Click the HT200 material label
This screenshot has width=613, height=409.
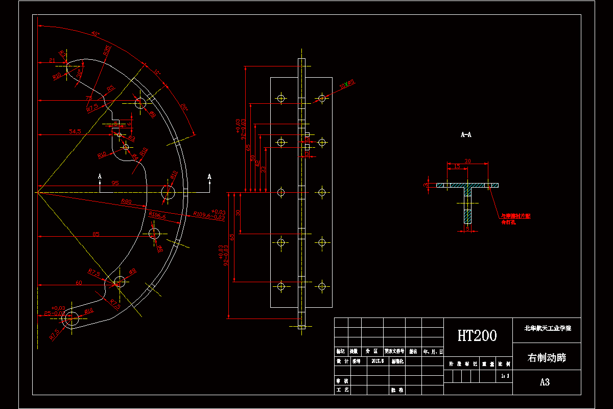click(477, 335)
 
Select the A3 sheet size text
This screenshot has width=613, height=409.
click(545, 382)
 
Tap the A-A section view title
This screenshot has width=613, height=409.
click(466, 135)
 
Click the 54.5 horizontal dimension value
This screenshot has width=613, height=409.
click(75, 131)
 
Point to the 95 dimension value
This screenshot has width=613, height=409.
click(115, 183)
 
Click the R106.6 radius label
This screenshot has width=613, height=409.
click(157, 215)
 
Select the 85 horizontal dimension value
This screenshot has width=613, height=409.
click(96, 234)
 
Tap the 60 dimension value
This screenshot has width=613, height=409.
click(79, 282)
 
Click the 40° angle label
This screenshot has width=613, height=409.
click(95, 34)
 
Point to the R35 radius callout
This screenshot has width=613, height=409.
click(107, 50)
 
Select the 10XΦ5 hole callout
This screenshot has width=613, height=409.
click(348, 83)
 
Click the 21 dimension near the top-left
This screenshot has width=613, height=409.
click(52, 60)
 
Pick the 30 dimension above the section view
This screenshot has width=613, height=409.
click(467, 161)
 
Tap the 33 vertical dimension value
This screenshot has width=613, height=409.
click(264, 169)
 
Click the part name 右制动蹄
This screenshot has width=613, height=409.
click(546, 357)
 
